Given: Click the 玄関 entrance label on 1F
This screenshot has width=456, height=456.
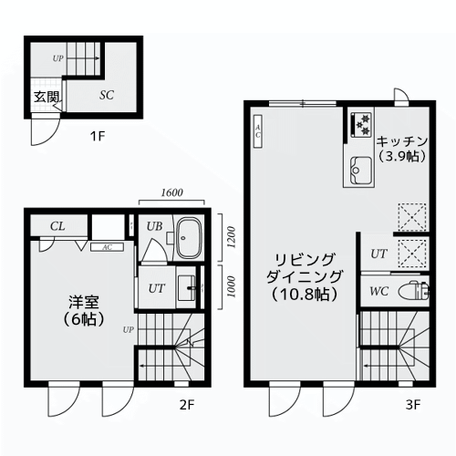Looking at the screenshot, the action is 46,97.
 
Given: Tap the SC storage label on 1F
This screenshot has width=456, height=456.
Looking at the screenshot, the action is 107,95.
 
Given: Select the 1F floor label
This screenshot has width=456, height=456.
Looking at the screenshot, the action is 98,136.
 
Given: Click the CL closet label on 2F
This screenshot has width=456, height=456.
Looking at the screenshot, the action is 57,226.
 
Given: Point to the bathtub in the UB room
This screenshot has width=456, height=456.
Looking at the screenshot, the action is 190,238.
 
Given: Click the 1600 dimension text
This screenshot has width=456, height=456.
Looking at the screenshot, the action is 171,192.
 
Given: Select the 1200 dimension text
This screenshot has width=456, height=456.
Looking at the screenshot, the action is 232,237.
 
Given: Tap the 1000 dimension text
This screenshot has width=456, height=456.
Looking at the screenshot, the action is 232,287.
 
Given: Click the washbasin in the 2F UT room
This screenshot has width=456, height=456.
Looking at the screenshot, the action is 187,288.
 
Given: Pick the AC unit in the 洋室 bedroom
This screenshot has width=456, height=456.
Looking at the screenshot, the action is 107,247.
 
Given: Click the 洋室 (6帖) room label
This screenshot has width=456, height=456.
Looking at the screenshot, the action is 84,310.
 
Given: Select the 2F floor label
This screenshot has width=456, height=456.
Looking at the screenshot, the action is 187,405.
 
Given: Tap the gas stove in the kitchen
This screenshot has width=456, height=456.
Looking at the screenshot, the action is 361,124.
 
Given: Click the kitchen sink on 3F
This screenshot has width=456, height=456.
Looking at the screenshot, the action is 361,170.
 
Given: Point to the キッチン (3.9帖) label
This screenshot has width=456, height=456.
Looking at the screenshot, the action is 402,149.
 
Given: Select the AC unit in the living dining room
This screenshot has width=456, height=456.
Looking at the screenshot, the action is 258,131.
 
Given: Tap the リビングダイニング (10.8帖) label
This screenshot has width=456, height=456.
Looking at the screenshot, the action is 305,277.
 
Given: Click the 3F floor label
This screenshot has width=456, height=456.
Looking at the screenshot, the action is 413,405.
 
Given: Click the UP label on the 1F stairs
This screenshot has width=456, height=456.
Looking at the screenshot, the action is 57,58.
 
